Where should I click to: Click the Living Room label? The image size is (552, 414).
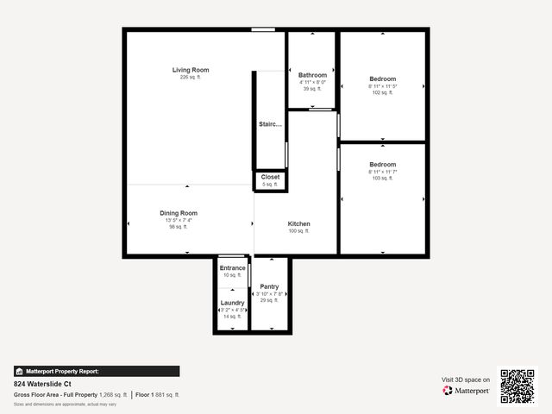190,70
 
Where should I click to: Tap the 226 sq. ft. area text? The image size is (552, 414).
190,78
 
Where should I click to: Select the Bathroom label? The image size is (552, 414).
312,75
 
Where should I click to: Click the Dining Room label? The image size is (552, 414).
179,213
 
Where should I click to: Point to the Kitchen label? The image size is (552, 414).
298,224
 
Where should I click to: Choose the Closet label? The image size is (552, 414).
270,177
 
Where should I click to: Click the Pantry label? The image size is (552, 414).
269,286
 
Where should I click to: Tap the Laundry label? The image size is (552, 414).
232,303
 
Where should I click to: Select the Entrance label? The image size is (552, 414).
232,268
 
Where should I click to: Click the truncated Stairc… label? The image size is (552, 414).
270,124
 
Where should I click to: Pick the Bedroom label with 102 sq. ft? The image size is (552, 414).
382,78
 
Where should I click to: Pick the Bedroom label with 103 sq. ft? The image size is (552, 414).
382,165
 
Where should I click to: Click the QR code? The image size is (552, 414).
517,386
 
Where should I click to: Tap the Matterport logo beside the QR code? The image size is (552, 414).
467,391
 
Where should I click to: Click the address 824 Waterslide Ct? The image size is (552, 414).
42,384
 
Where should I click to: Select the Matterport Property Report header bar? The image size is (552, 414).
97,371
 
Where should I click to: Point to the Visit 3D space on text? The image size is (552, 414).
466,379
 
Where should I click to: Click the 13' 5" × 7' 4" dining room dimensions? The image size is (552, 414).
179,220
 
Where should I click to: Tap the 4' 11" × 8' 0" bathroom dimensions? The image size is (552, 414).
312,82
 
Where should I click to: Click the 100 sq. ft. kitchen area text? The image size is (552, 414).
298,231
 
